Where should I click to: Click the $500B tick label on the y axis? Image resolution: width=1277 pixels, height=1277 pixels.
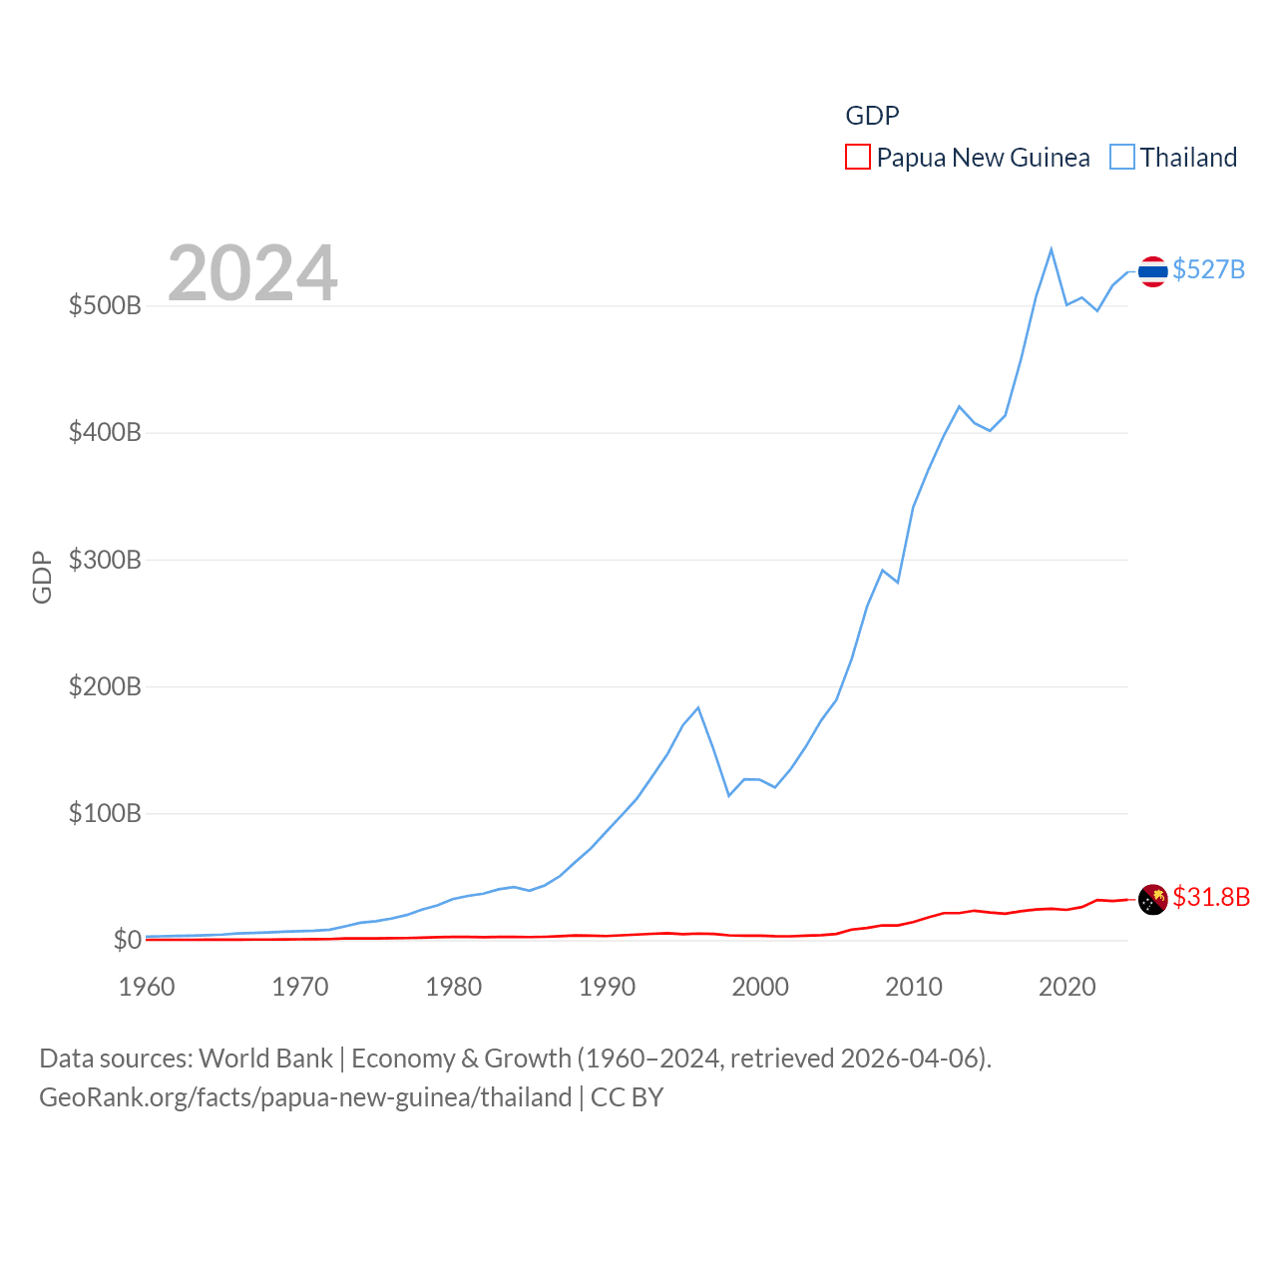click(x=105, y=305)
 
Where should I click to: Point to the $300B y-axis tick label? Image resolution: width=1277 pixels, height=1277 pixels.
click(x=105, y=560)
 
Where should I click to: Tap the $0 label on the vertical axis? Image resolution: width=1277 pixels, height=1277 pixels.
click(x=127, y=940)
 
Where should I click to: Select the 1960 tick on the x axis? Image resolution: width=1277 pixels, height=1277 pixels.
click(x=147, y=987)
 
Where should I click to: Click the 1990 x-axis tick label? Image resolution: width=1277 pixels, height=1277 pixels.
click(x=607, y=987)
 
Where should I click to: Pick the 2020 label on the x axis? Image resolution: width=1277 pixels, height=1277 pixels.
click(x=1066, y=987)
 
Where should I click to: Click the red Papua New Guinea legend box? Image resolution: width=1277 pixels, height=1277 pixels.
click(x=858, y=158)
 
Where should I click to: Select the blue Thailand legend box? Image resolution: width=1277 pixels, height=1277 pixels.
click(x=1122, y=158)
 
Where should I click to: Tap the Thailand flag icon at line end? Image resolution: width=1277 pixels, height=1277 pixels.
click(x=1152, y=271)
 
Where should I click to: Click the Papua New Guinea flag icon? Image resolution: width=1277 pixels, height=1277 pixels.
click(x=1152, y=899)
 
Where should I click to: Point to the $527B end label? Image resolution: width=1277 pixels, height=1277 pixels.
click(x=1208, y=269)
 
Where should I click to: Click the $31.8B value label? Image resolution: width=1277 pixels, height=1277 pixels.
click(x=1211, y=897)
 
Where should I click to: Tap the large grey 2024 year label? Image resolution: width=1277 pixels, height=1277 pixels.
click(x=252, y=273)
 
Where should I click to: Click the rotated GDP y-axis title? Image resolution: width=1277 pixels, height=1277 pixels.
click(x=42, y=577)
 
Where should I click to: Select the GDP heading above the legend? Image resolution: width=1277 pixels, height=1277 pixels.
click(x=872, y=116)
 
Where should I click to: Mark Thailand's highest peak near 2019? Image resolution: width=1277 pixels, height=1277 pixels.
click(x=1052, y=249)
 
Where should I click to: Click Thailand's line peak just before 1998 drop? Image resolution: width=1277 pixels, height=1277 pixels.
click(x=698, y=707)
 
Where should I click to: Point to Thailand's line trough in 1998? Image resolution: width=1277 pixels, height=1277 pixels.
click(x=729, y=795)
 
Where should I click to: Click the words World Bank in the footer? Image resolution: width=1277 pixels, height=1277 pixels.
click(x=265, y=1059)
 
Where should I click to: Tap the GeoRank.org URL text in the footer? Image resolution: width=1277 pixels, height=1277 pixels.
click(x=305, y=1097)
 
